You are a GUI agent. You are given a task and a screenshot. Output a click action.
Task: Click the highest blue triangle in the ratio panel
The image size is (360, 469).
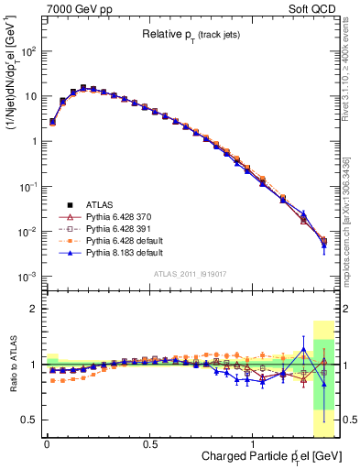point(304,349)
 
